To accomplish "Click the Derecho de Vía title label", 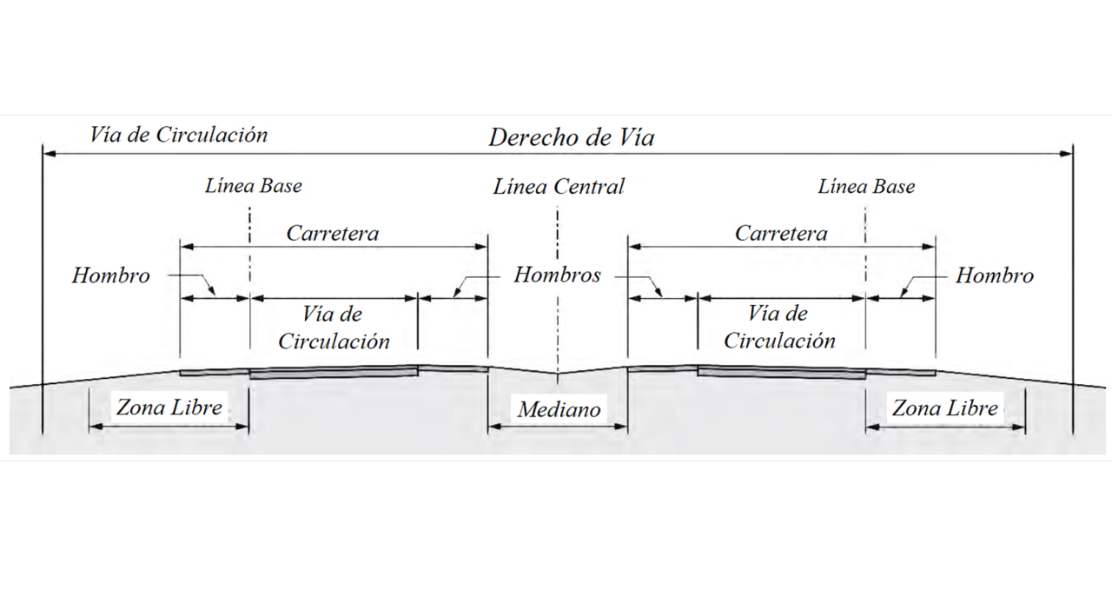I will point(571,137).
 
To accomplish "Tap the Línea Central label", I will point(559,187).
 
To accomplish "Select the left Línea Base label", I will point(254,186).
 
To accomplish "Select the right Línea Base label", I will point(866,187).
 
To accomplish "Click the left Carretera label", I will point(333,234).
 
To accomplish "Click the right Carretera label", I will point(781,234).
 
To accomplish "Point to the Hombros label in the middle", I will point(557,275).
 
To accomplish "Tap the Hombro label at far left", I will point(110,276).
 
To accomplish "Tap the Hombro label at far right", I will point(995,276).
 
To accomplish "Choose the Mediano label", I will point(559,409).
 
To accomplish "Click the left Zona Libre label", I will point(169,407).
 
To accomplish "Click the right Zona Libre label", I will point(945,408).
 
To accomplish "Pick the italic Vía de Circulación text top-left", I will point(178,135).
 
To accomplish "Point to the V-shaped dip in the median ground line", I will point(559,376).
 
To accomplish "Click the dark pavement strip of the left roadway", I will point(333,373).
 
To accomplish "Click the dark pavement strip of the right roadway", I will point(781,373).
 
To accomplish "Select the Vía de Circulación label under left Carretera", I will point(334,328).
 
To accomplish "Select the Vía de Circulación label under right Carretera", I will point(779,328).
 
